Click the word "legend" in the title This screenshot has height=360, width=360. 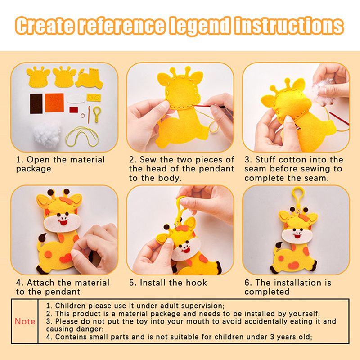click(200, 26)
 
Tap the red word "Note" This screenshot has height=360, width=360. click(25, 321)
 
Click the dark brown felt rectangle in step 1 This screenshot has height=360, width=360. click(36, 103)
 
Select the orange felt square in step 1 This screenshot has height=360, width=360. click(54, 103)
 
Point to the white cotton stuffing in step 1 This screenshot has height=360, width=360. click(47, 135)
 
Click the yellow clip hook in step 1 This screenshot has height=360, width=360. click(97, 114)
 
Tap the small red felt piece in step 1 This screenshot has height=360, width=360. click(74, 109)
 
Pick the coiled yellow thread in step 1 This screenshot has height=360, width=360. click(82, 136)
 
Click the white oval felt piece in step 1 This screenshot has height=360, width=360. click(76, 99)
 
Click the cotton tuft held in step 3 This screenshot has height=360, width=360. click(323, 89)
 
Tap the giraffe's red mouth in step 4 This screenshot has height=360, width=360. click(63, 222)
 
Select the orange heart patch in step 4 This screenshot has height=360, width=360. click(66, 258)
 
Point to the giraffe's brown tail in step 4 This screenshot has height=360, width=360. click(42, 238)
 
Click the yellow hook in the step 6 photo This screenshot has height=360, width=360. click(298, 198)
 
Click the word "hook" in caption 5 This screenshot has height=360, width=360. click(196, 283)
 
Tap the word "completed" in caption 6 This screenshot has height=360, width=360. click(267, 292)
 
